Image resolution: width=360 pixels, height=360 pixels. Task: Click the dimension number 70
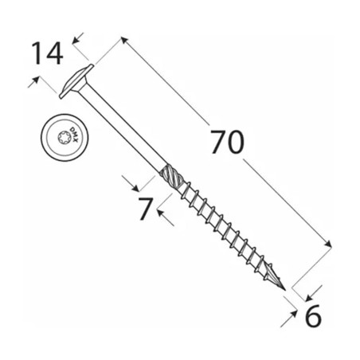pyautogui.click(x=227, y=143)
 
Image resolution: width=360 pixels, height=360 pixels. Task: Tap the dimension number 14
pyautogui.click(x=47, y=53)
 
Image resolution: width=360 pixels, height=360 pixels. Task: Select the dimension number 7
pyautogui.click(x=146, y=209)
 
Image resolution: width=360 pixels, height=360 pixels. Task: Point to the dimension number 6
pyautogui.click(x=313, y=315)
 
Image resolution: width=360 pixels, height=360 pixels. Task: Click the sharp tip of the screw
pyautogui.click(x=285, y=290)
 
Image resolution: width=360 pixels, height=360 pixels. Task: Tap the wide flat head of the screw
pyautogui.click(x=76, y=81)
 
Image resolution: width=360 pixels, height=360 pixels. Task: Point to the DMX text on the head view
pyautogui.click(x=74, y=135)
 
